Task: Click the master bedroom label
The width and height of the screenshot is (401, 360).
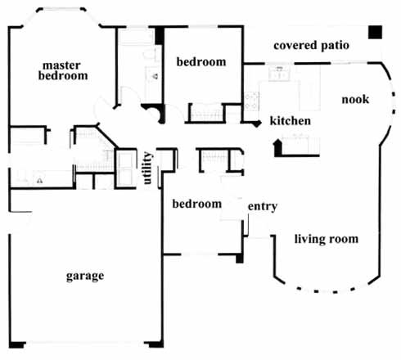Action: pyautogui.click(x=63, y=71)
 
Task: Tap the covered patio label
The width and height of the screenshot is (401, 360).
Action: pyautogui.click(x=311, y=46)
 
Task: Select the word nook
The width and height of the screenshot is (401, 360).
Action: pyautogui.click(x=355, y=99)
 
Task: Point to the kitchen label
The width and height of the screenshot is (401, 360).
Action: pyautogui.click(x=291, y=121)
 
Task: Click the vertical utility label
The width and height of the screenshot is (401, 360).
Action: pyautogui.click(x=147, y=168)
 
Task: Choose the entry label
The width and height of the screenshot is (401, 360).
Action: pyautogui.click(x=263, y=206)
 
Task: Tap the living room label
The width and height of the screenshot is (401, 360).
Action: pyautogui.click(x=327, y=239)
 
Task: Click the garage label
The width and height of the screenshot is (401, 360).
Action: pyautogui.click(x=85, y=276)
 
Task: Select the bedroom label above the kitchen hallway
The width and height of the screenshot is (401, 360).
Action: pyautogui.click(x=201, y=62)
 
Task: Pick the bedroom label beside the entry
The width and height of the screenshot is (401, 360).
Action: pyautogui.click(x=197, y=204)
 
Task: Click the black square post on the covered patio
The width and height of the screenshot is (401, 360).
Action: pyautogui.click(x=375, y=32)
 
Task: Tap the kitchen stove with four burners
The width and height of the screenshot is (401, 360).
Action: pyautogui.click(x=251, y=101)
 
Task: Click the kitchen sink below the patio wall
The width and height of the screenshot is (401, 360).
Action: pyautogui.click(x=279, y=73)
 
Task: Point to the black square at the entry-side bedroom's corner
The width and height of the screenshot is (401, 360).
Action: pyautogui.click(x=239, y=259)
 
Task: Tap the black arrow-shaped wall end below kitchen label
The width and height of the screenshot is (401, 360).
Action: pyautogui.click(x=277, y=148)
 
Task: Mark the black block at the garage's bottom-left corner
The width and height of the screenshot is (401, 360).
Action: pyautogui.click(x=17, y=344)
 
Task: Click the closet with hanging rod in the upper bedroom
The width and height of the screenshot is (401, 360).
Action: pyautogui.click(x=206, y=113)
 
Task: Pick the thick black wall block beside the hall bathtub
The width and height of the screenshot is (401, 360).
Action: pyautogui.click(x=160, y=35)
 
